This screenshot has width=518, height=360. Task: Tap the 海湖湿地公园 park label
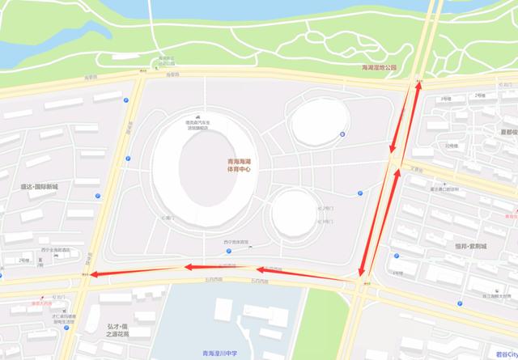[x=380, y=69]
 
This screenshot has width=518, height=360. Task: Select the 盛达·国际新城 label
[x=45, y=187]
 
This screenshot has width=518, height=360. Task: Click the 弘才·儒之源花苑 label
[x=119, y=330]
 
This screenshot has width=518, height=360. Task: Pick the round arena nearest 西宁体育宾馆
[x=292, y=212]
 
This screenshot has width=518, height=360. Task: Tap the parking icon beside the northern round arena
[x=342, y=134]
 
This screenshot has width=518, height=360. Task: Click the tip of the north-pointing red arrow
[x=418, y=84]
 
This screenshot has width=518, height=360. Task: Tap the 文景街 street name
[x=418, y=169]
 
